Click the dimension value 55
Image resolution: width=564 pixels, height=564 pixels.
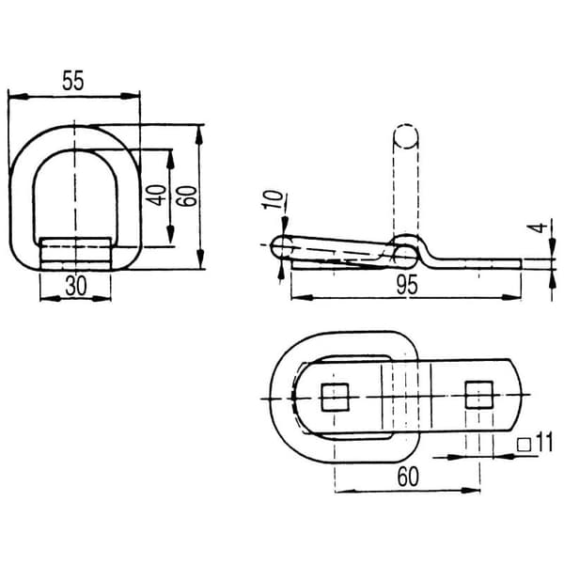tap(73, 80)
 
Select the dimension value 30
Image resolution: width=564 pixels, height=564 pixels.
tap(76, 287)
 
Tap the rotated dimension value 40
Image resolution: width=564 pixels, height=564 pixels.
tap(158, 195)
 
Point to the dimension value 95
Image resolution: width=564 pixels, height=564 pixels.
tap(407, 285)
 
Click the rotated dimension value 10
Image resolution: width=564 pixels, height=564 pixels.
tap(273, 199)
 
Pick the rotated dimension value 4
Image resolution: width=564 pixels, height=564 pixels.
tap(537, 227)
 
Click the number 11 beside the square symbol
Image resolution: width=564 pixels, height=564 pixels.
tap(544, 443)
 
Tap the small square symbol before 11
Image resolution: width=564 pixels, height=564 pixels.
tap(525, 445)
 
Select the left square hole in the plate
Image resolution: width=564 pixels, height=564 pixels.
tap(335, 397)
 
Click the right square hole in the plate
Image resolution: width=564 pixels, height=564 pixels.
tap(479, 395)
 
